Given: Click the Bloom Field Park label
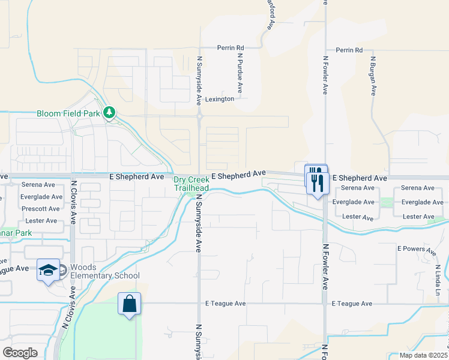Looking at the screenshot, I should coord(68,113).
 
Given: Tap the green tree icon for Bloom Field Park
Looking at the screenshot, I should coord(109,112).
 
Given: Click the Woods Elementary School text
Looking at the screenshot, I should coord(104,272).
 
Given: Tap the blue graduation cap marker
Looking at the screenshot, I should coord(48,271).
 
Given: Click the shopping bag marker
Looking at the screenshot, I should coord(129,304).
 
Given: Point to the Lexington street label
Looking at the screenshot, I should coord(219,99).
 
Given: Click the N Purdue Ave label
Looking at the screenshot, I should coord(240,73).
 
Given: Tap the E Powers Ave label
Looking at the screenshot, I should coord(415,248).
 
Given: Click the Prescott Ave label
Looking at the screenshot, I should coord(40,209).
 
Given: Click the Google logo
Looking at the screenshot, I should coord(20,353).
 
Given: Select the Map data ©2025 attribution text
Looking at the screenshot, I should coord(423,355).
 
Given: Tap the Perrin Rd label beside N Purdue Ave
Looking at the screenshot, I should coord(231,47).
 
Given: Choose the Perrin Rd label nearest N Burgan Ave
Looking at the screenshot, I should coord(349,50).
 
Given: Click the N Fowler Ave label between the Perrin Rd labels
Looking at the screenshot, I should coord(325,75).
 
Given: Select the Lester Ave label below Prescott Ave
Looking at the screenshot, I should coord(41,221).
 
